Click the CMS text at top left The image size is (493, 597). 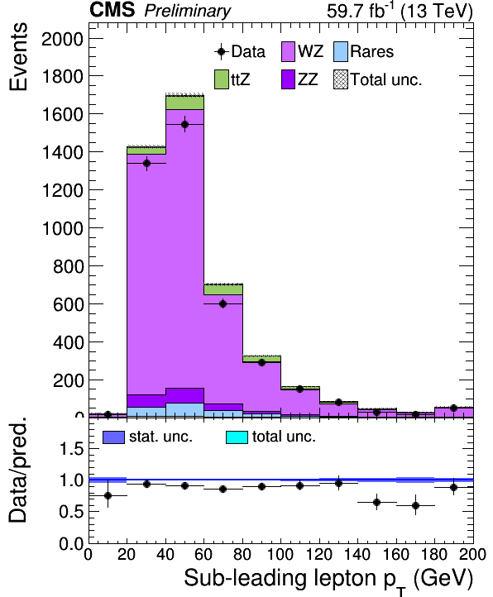click(112, 10)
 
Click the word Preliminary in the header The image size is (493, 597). click(188, 11)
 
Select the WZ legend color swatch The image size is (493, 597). click(288, 52)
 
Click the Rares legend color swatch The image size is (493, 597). click(341, 52)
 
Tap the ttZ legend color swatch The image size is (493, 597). click(222, 79)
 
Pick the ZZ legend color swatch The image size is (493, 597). click(288, 79)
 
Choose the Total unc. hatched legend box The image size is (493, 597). click(341, 79)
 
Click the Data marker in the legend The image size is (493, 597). click(222, 52)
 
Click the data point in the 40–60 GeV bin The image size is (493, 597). click(184, 125)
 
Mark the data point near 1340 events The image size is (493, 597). click(146, 164)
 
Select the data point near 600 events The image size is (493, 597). click(223, 303)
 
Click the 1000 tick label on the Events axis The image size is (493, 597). click(62, 228)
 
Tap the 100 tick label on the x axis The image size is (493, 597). click(280, 554)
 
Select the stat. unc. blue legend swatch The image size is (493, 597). click(113, 437)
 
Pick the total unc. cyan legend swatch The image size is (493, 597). click(237, 437)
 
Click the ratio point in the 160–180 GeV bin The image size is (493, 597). click(416, 505)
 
